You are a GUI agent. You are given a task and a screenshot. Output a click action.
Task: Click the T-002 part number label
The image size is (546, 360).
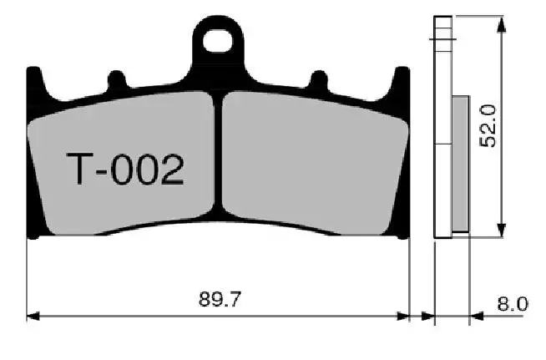coord(124,171)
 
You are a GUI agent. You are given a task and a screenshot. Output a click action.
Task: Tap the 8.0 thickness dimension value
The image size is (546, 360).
coord(512,303)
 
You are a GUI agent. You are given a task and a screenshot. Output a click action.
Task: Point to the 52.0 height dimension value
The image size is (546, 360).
coord(490,126)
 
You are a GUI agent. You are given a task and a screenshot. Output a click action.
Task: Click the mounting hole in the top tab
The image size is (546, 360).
coord(220,38)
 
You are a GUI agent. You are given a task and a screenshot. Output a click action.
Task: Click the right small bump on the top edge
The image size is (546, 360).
coord(319,80)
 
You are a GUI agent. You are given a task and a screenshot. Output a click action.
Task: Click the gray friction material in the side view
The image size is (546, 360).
coord(461,163)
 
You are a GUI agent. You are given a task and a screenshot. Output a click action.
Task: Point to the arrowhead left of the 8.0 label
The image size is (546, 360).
coord(477,317)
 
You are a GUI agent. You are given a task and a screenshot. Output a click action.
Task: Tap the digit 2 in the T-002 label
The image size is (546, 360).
coord(170,171)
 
